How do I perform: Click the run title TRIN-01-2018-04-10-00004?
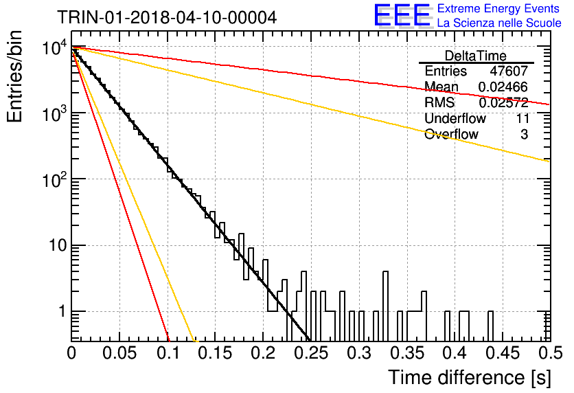[167, 17]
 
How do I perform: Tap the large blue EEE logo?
[402, 15]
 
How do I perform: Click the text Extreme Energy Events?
[498, 8]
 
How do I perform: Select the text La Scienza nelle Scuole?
[499, 23]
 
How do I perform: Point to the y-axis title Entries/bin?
[14, 76]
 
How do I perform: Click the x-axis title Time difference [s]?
[470, 378]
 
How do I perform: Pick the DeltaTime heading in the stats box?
[476, 56]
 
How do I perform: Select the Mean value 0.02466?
[503, 87]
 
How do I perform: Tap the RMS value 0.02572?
[503, 102]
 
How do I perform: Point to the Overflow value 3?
[524, 134]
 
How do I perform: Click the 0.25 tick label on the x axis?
[311, 353]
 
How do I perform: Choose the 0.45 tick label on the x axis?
[503, 353]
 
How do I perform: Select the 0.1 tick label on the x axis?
[168, 353]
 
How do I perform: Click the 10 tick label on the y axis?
[58, 245]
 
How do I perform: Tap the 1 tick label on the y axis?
[62, 312]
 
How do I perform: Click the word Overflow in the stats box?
[451, 134]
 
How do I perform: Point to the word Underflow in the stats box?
[455, 118]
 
